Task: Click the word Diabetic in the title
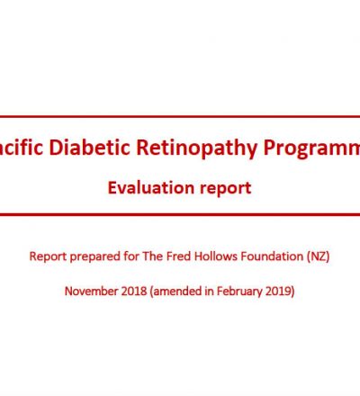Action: [89, 148]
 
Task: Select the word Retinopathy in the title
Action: [197, 148]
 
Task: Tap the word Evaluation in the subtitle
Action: [151, 188]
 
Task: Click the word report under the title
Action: [226, 189]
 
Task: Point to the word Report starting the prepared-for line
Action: [48, 256]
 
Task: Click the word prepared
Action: [94, 257]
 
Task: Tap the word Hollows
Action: [216, 256]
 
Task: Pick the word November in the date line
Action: [91, 291]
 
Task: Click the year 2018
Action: [134, 291]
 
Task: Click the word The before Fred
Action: [153, 256]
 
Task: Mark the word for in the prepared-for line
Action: [131, 256]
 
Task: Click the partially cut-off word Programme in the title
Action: [312, 148]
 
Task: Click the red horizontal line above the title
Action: [180, 116]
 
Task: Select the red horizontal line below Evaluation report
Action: [180, 214]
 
